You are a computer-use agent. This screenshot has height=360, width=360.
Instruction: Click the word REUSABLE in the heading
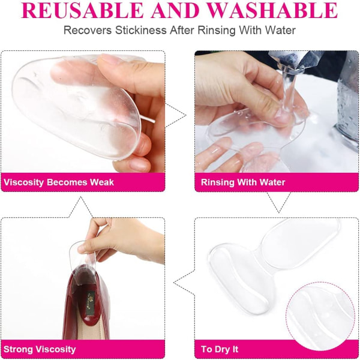coord(83,10)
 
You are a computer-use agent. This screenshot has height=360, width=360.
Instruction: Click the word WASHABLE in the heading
coord(272,10)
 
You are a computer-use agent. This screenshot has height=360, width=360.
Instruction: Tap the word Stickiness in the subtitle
coord(141,31)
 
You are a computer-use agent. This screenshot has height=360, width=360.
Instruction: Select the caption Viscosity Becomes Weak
coord(59,182)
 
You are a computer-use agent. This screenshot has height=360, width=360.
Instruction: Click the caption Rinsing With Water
coord(243,182)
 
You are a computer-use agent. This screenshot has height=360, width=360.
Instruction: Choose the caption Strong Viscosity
coord(40,349)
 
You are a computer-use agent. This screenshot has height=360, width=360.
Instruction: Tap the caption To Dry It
coord(220,349)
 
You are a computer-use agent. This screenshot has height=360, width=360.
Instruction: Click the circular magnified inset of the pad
coord(320,316)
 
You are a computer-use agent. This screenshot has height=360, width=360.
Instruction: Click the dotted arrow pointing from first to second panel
coord(176,115)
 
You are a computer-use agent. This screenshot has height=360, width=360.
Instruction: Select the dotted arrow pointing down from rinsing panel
coord(278,202)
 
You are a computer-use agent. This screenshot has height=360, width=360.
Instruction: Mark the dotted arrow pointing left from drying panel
coord(184,282)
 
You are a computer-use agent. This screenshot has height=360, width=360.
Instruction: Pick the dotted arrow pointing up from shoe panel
coord(80,207)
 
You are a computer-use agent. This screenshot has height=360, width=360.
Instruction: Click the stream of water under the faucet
coord(287,92)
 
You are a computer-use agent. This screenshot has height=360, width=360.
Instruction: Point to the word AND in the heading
coord(175,10)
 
